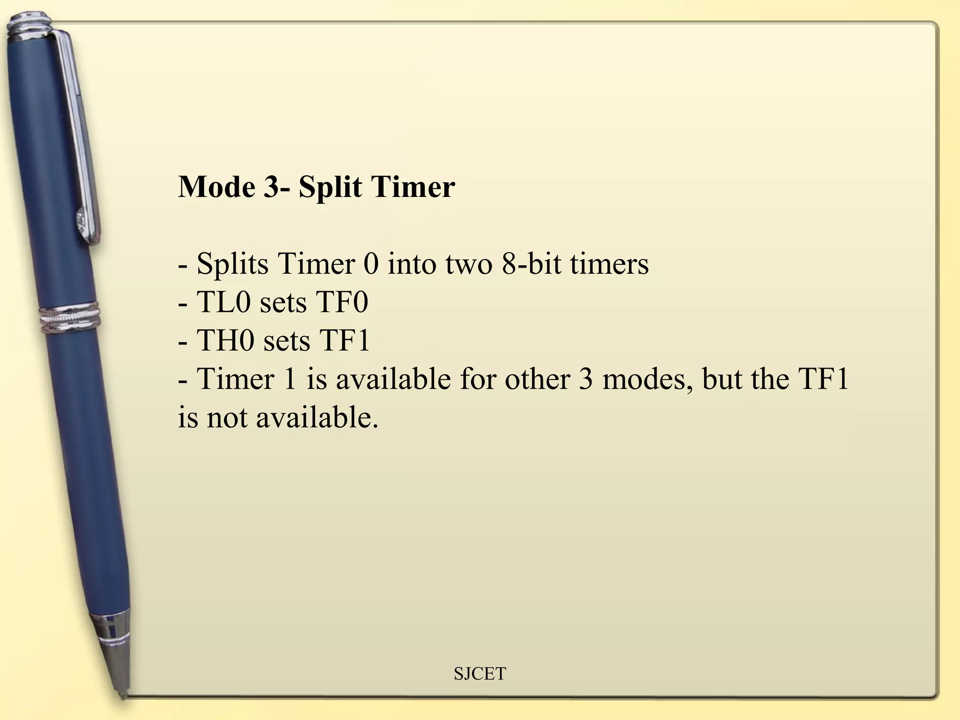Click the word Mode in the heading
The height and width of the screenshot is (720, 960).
217,187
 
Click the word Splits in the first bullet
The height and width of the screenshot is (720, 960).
232,264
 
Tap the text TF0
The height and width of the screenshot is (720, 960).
342,302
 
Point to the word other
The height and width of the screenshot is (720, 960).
537,379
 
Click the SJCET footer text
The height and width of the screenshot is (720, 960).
480,674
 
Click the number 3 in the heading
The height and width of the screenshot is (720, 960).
270,187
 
